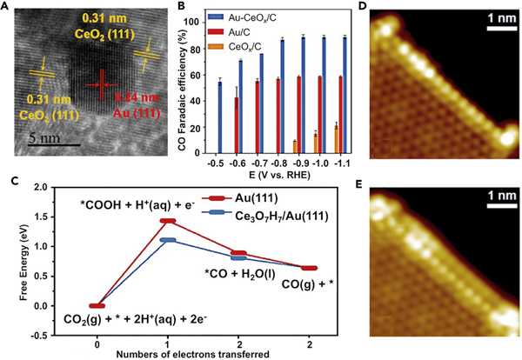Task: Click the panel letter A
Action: click(x=7, y=8)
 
